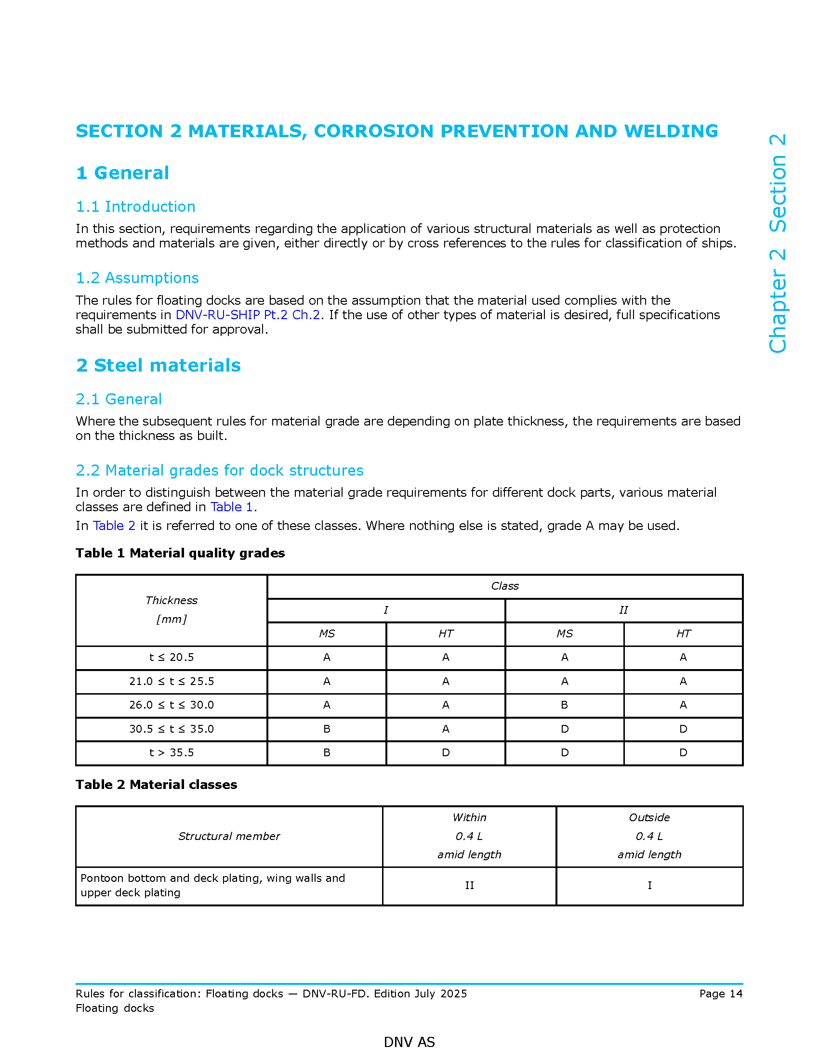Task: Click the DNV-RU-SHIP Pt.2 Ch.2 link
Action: pyautogui.click(x=248, y=315)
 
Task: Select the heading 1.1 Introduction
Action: pyautogui.click(x=135, y=207)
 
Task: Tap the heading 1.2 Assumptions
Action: pyautogui.click(x=137, y=278)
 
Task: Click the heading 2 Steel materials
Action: pyautogui.click(x=158, y=365)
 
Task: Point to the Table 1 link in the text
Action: pyautogui.click(x=231, y=507)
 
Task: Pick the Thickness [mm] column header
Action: pyautogui.click(x=172, y=609)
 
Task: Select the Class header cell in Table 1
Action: pyautogui.click(x=504, y=586)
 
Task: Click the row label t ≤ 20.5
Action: pyautogui.click(x=172, y=657)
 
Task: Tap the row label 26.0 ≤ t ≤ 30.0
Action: pyautogui.click(x=172, y=705)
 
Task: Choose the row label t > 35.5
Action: pyautogui.click(x=172, y=752)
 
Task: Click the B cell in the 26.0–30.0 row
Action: pyautogui.click(x=564, y=705)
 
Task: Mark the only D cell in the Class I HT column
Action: pyautogui.click(x=446, y=752)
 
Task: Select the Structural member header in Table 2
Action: pyautogui.click(x=229, y=836)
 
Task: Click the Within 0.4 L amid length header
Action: pyautogui.click(x=469, y=836)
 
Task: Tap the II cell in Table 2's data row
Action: pyautogui.click(x=469, y=885)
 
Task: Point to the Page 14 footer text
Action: pyautogui.click(x=721, y=994)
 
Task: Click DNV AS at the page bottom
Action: pyautogui.click(x=409, y=1042)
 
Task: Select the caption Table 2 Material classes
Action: pyautogui.click(x=156, y=785)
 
